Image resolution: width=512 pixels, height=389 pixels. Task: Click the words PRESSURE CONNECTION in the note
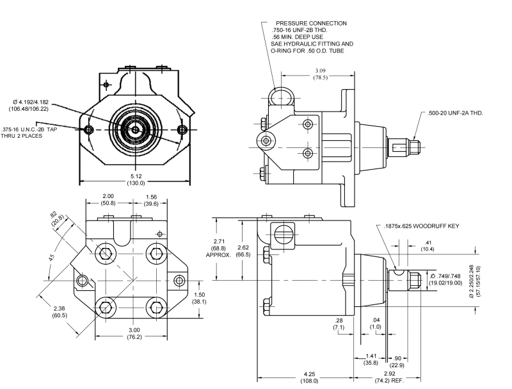tap(311, 23)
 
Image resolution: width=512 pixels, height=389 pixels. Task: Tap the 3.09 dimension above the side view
tap(321, 70)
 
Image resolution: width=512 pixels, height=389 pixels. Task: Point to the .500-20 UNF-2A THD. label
tap(455, 113)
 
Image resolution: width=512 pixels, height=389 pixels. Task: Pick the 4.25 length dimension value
tap(309, 374)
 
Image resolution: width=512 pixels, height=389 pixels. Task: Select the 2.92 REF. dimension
tap(390, 377)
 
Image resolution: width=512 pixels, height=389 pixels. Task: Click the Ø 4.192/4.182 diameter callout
tap(29, 106)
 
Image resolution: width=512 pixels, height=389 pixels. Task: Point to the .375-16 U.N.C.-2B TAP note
tap(29, 133)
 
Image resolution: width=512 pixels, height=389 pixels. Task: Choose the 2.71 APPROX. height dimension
tap(219, 248)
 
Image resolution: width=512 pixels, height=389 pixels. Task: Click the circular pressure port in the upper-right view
tap(281, 98)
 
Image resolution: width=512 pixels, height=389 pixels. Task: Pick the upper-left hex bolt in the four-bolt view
tap(105, 253)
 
